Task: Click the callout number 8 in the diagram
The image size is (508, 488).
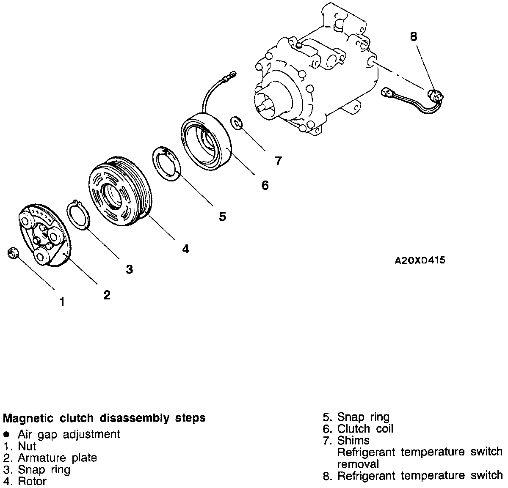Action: click(x=413, y=37)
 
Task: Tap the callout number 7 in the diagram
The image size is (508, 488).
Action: click(x=278, y=161)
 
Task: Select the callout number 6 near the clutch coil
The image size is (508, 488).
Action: click(x=265, y=185)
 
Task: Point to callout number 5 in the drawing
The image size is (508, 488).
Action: click(x=222, y=217)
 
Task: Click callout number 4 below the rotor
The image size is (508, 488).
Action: click(x=185, y=249)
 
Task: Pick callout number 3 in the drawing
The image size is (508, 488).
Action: click(x=130, y=269)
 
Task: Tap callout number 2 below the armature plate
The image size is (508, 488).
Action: click(x=107, y=295)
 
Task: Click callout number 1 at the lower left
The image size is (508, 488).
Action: click(x=62, y=302)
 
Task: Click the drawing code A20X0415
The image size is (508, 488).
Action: click(x=420, y=260)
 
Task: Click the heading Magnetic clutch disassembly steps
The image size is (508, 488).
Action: click(x=104, y=418)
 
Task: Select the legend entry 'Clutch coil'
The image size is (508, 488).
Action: click(x=365, y=429)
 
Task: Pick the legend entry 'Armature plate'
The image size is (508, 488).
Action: click(x=57, y=458)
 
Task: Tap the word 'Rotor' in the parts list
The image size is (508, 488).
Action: click(x=32, y=481)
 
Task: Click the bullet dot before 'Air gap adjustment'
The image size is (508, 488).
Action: click(x=6, y=434)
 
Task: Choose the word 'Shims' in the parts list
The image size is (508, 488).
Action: click(x=353, y=441)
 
